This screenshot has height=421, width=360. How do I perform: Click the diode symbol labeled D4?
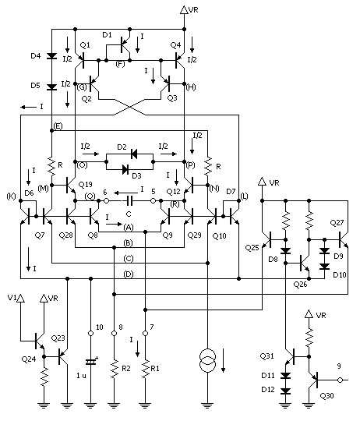pos(51,56)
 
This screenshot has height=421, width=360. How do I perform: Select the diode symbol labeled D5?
pos(51,87)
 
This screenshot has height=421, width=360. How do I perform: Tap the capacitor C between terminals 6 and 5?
pos(129,200)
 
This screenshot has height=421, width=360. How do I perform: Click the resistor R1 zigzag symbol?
pos(145,368)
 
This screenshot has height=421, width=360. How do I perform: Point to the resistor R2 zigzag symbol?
pos(115,368)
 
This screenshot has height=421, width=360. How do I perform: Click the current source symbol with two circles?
pos(207,361)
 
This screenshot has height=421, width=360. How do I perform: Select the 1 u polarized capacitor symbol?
pos(90,363)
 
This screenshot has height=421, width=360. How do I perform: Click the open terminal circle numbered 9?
pos(340,380)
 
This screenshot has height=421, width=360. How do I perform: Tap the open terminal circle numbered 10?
pos(90,333)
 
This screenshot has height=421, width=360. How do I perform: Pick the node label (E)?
pos(58,126)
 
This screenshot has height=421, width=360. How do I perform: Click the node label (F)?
pos(120,64)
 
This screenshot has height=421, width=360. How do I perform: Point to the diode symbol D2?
pos(134,154)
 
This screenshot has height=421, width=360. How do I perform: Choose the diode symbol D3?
pos(125,169)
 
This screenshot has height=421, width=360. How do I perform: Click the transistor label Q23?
pos(58,338)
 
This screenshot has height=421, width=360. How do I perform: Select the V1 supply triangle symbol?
pos(20,298)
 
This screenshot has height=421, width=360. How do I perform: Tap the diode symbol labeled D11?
pos(286,375)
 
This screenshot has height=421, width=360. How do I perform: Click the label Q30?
pos(327,395)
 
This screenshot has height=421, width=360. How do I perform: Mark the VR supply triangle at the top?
pos(184,9)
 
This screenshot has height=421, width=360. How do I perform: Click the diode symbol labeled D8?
pos(286,251)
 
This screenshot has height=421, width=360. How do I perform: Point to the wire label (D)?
pos(129,274)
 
